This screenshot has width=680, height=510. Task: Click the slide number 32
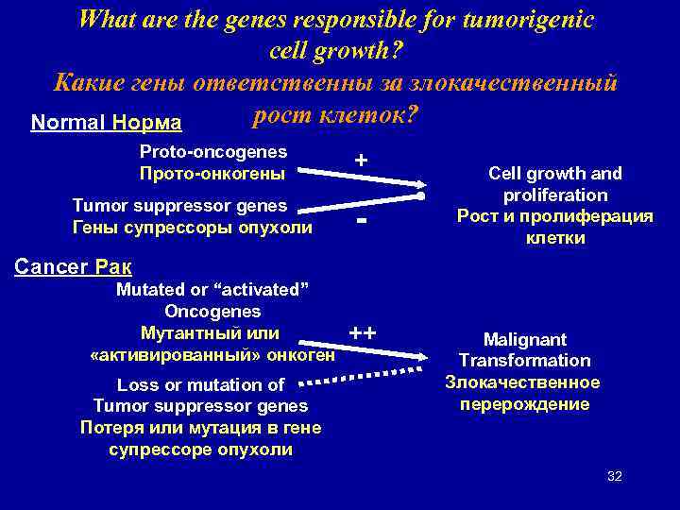614,475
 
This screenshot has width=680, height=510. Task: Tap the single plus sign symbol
361,161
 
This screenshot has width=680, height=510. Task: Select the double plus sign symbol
363,333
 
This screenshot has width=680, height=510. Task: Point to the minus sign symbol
361,222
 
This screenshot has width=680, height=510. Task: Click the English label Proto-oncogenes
213,151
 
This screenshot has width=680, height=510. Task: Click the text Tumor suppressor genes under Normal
179,205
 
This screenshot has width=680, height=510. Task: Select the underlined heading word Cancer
49,266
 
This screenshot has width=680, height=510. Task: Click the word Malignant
525,339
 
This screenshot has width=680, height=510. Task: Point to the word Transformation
525,360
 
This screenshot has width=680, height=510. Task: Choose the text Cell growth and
554,173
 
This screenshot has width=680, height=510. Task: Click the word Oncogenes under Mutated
212,311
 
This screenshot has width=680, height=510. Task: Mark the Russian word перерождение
525,403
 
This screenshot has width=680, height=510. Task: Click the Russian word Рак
114,266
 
